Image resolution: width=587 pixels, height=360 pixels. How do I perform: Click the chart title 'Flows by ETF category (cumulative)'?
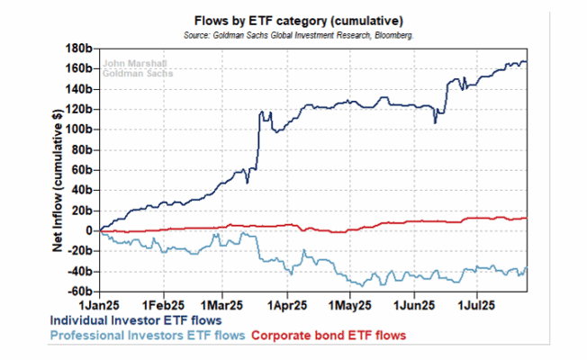[298, 21]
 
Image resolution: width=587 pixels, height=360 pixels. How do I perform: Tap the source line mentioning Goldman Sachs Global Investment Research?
[298, 36]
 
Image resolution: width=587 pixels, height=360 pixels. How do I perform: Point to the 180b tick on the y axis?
[79, 49]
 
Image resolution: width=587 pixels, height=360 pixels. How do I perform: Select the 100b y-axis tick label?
[79, 130]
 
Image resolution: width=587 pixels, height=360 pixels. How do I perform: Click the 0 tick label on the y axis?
[89, 230]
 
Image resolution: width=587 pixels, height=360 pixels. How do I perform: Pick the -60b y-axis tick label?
[80, 291]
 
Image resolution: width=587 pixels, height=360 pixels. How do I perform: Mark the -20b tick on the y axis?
[80, 251]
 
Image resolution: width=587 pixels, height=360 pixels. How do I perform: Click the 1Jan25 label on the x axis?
[99, 305]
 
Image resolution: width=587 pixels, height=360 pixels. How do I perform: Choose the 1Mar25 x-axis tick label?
[221, 305]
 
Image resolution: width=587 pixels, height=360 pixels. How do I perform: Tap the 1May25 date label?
[350, 305]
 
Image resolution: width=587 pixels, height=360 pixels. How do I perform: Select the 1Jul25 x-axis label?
[476, 305]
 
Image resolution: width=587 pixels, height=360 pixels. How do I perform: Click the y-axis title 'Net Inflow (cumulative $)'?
[58, 180]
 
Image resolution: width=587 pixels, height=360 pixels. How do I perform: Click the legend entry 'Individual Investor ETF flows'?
[136, 320]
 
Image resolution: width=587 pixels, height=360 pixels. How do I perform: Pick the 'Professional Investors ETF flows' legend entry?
[148, 336]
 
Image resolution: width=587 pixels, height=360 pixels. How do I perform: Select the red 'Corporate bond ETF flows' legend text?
[329, 336]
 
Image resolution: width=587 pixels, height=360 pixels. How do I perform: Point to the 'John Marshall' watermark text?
[135, 64]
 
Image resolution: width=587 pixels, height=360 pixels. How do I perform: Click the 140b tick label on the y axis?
[79, 89]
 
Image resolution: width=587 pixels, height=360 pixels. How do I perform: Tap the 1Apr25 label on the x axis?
[287, 305]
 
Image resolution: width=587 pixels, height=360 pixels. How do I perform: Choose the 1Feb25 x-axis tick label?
[163, 305]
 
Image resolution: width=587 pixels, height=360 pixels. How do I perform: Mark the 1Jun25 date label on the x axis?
[414, 305]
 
